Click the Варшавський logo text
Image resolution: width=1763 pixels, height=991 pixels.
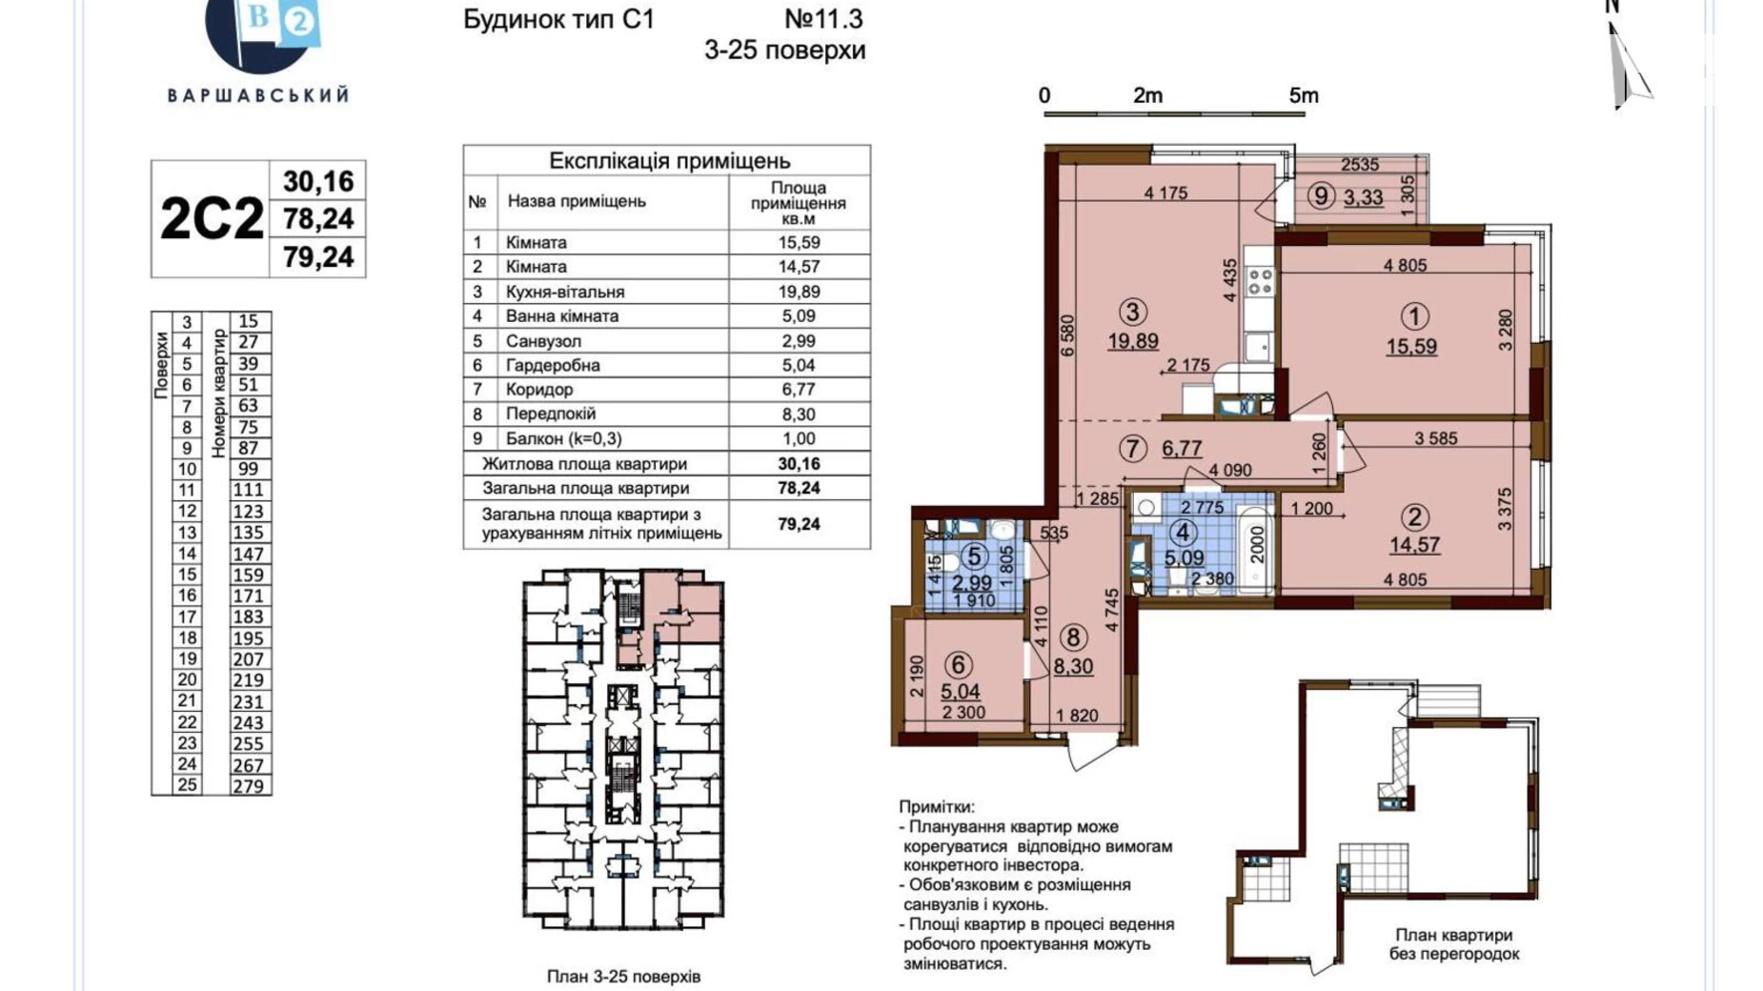click(x=258, y=95)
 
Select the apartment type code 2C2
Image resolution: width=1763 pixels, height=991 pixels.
click(x=211, y=219)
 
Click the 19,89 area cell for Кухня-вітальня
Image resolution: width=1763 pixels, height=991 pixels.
click(x=799, y=292)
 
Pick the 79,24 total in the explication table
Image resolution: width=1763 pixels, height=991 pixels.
click(x=799, y=524)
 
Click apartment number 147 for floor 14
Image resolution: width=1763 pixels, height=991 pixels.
click(x=248, y=554)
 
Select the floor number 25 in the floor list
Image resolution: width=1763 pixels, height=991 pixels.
click(x=187, y=785)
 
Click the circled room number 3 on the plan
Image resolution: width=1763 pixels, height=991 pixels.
click(x=1132, y=313)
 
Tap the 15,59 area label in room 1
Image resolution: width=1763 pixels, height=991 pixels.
click(x=1411, y=347)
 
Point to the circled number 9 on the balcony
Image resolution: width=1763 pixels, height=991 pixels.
click(x=1320, y=196)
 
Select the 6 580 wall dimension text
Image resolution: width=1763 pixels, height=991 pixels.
click(x=1067, y=335)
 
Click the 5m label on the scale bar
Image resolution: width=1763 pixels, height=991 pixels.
click(x=1303, y=95)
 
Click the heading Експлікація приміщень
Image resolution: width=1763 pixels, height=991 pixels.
click(x=669, y=160)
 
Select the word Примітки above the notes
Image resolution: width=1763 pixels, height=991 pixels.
click(x=936, y=807)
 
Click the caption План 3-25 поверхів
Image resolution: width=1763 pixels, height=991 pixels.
click(x=623, y=977)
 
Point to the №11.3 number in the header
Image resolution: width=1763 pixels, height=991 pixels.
click(x=823, y=19)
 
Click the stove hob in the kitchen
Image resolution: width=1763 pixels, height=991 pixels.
click(x=1260, y=282)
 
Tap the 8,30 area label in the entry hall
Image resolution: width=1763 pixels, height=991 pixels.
click(x=1073, y=667)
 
